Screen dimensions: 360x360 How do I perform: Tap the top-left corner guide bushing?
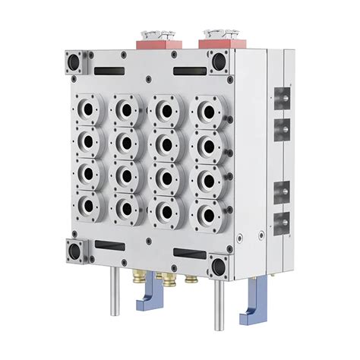point(76,58)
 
